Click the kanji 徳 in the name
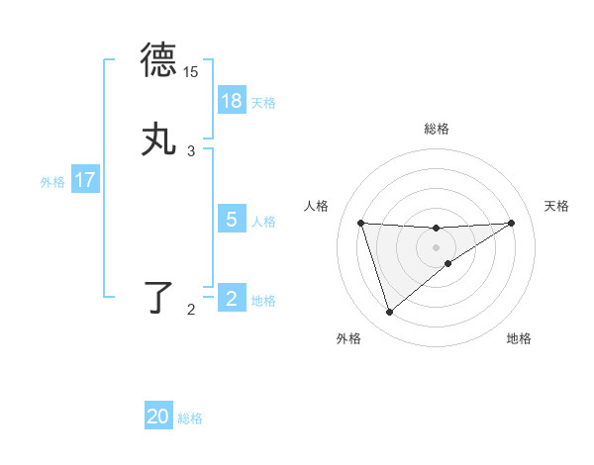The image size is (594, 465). (158, 60)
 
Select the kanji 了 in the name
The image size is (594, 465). (160, 298)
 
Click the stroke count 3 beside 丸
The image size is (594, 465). (191, 151)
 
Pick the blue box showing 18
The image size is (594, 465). (232, 101)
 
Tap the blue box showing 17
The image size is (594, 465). (84, 180)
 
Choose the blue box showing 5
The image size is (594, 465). (232, 220)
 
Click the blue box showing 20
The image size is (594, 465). (158, 418)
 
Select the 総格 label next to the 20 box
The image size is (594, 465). (190, 418)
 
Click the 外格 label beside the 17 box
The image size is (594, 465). (52, 181)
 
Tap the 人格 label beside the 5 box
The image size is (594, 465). (263, 221)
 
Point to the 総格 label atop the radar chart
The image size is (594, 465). (436, 129)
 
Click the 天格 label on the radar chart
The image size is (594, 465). (557, 206)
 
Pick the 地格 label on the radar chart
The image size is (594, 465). (519, 338)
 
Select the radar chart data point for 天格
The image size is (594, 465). (512, 223)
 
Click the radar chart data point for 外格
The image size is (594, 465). (389, 313)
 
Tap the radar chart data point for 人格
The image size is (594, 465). (360, 223)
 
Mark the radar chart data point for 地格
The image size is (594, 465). (448, 263)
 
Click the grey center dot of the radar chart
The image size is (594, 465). (436, 246)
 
